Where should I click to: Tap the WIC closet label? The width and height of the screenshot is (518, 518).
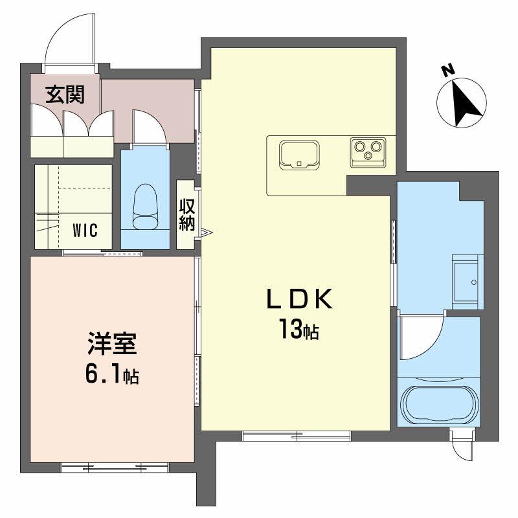[x=85, y=231]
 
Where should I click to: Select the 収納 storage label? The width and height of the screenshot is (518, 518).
[x=187, y=215]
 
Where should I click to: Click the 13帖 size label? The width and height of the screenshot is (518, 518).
[x=298, y=331]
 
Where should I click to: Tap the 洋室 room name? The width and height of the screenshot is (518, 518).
[x=112, y=343]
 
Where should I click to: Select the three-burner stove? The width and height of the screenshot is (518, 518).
[x=367, y=152]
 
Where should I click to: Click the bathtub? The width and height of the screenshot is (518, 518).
[x=440, y=405]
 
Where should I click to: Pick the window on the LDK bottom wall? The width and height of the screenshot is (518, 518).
[x=297, y=436]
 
